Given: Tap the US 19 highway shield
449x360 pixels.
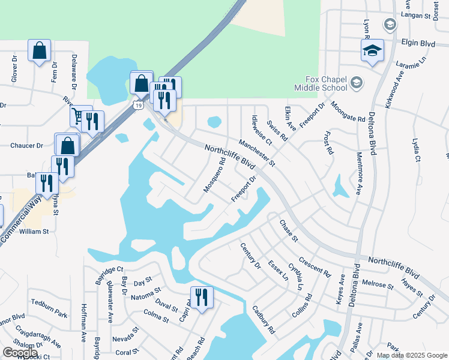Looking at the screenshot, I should tap(139, 106).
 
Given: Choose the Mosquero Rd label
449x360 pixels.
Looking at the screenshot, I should tap(214, 175).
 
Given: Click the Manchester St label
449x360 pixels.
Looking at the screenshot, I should tap(257, 153).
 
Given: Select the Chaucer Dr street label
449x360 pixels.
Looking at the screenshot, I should tap(27, 145).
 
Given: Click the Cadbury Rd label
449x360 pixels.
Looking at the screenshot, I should tap(264, 321).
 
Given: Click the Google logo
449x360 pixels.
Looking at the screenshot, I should tap(20, 353).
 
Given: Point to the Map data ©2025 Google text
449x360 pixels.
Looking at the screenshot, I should tap(411, 355).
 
